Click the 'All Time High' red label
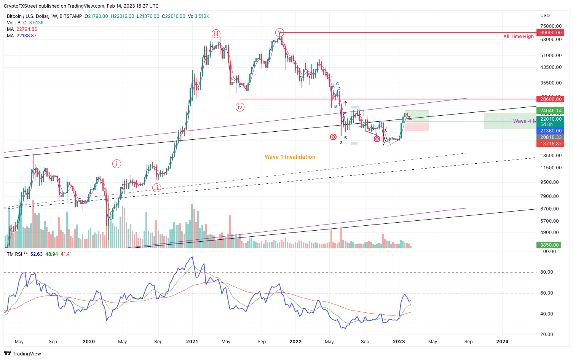[518, 37]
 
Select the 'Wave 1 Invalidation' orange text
[290, 157]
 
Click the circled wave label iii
[216, 34]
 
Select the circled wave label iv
[240, 107]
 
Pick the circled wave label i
[117, 164]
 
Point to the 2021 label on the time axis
[192, 342]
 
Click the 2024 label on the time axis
[502, 342]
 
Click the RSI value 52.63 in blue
[37, 254]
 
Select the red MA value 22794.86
[27, 29]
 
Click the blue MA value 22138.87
[27, 36]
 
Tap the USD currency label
[545, 16]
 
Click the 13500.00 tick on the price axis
[551, 156]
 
